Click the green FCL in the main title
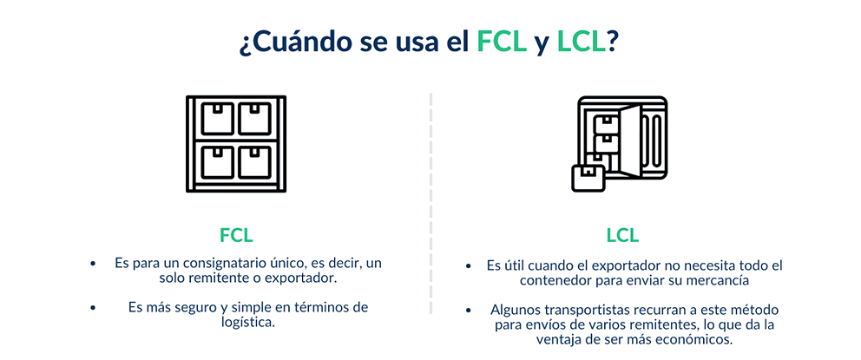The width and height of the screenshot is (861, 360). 503,43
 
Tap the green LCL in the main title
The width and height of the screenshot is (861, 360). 581,43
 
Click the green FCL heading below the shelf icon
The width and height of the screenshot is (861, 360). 236,235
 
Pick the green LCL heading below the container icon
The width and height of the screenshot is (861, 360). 622,235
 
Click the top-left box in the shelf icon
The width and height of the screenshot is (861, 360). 218,119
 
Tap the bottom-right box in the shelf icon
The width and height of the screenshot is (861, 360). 254,162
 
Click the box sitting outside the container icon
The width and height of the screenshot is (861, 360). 588,178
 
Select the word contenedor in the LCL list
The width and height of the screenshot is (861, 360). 550,281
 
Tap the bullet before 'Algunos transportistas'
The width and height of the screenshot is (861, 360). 468,310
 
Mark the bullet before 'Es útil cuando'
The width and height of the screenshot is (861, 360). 468,266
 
